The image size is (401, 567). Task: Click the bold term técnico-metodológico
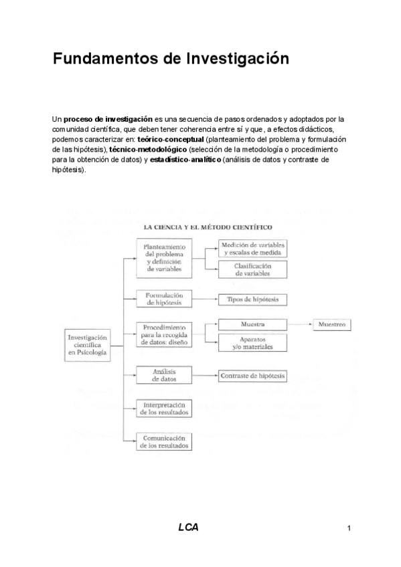(x=148, y=150)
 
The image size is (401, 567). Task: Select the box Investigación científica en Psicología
(x=92, y=345)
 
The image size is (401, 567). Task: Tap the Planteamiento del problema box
(x=163, y=257)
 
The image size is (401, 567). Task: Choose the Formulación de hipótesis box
(x=163, y=298)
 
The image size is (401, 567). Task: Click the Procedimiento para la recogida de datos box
(x=163, y=334)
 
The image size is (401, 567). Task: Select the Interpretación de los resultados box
(x=163, y=409)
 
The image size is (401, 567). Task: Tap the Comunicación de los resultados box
(x=163, y=441)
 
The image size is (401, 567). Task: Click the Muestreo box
(x=331, y=324)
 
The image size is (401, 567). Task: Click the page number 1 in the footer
(x=349, y=528)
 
